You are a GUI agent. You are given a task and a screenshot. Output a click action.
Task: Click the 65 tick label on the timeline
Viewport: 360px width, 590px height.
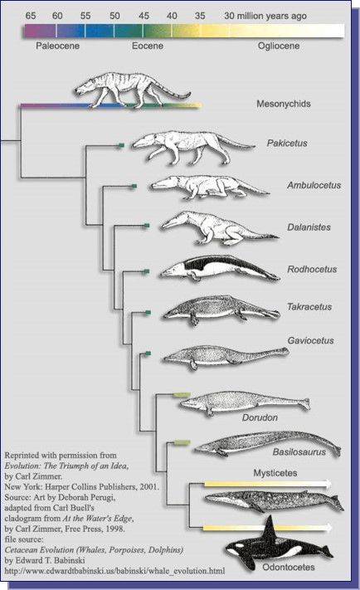point(31,16)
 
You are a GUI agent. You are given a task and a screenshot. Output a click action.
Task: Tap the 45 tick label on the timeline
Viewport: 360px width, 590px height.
point(144,16)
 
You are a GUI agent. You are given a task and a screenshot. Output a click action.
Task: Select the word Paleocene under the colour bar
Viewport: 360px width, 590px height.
point(57,46)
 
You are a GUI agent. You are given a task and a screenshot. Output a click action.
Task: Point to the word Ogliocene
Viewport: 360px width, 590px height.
point(279,46)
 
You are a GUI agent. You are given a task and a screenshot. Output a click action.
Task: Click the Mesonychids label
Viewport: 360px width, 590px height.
point(284,104)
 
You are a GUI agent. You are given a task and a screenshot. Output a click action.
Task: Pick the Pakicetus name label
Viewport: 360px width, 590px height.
point(287,143)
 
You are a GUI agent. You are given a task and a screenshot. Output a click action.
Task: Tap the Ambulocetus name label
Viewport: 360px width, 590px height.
point(314,185)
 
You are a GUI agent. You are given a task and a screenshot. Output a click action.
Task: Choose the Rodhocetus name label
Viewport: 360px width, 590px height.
point(312,270)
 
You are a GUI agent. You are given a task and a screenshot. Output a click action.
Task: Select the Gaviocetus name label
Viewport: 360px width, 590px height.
point(311,340)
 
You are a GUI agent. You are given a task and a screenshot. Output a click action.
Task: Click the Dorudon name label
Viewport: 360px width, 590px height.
point(260,417)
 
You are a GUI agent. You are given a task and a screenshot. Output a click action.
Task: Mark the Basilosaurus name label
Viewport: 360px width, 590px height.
point(299,452)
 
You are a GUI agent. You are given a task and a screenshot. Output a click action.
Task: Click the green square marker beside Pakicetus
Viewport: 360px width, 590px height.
point(121,145)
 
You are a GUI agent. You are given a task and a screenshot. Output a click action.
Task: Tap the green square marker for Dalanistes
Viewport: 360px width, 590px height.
point(147,226)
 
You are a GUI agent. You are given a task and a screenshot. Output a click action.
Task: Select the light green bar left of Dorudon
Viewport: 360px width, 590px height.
point(182,394)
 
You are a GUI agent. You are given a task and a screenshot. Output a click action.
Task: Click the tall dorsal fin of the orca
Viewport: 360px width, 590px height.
point(270,530)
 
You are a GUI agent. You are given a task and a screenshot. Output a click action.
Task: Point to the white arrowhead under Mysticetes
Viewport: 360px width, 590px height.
point(328,484)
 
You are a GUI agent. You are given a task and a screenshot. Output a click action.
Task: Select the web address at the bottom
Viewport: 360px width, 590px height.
point(114,571)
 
